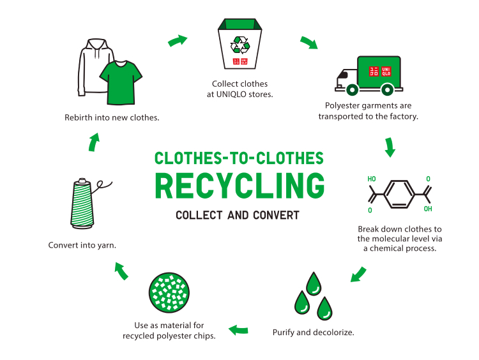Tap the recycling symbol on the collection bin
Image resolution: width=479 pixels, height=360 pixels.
pyautogui.click(x=240, y=44)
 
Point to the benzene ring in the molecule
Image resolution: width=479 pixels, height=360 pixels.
pyautogui.click(x=398, y=191)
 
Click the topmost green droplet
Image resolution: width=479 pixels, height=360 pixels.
pyautogui.click(x=314, y=283)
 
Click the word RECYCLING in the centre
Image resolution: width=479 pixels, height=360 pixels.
pyautogui.click(x=240, y=185)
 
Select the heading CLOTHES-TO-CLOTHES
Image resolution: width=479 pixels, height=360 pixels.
pyautogui.click(x=240, y=158)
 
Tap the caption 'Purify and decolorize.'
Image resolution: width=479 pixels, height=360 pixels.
pyautogui.click(x=313, y=333)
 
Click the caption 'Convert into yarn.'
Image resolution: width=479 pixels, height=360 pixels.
pyautogui.click(x=82, y=244)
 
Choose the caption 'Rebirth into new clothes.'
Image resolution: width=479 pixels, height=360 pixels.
pyautogui.click(x=112, y=117)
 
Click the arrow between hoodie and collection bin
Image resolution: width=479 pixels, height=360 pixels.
pyautogui.click(x=178, y=41)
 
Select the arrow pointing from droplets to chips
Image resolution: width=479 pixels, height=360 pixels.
pyautogui.click(x=239, y=330)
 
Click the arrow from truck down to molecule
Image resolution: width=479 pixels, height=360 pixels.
pyautogui.click(x=389, y=147)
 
